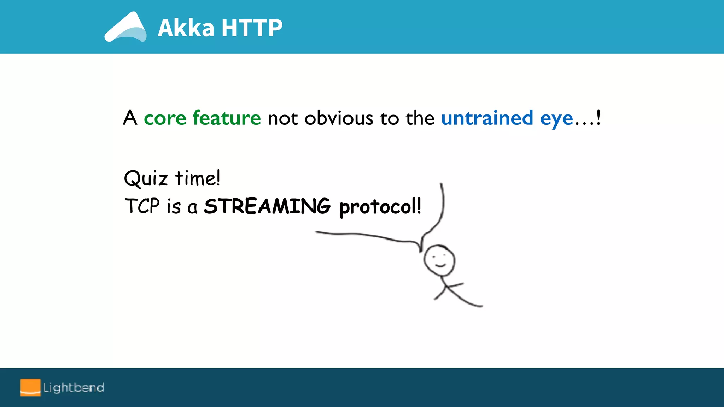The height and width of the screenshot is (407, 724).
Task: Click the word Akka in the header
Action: coord(186,28)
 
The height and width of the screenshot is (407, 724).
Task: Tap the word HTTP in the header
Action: coord(252,28)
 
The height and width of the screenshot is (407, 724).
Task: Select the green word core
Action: coord(165,118)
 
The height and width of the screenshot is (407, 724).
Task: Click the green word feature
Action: coord(227,118)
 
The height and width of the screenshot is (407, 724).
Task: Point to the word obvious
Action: coord(339,118)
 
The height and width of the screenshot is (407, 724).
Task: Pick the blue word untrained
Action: coord(487,118)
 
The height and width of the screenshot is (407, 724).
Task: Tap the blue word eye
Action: coord(556,119)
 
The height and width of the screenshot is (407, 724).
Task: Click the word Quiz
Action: coord(145,178)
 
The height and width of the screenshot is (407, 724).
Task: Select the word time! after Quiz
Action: coord(198,178)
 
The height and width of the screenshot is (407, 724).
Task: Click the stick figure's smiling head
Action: coord(439,260)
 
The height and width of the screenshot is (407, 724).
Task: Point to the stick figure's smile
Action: coord(440,265)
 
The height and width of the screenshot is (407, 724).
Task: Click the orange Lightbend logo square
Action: coord(30,388)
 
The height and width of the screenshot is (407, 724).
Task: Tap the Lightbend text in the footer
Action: coord(74,388)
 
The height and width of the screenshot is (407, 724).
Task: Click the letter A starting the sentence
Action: coord(130,118)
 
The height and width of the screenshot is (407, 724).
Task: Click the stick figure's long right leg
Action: coord(465,299)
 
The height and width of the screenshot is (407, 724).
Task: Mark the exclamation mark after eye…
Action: coord(598,117)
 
